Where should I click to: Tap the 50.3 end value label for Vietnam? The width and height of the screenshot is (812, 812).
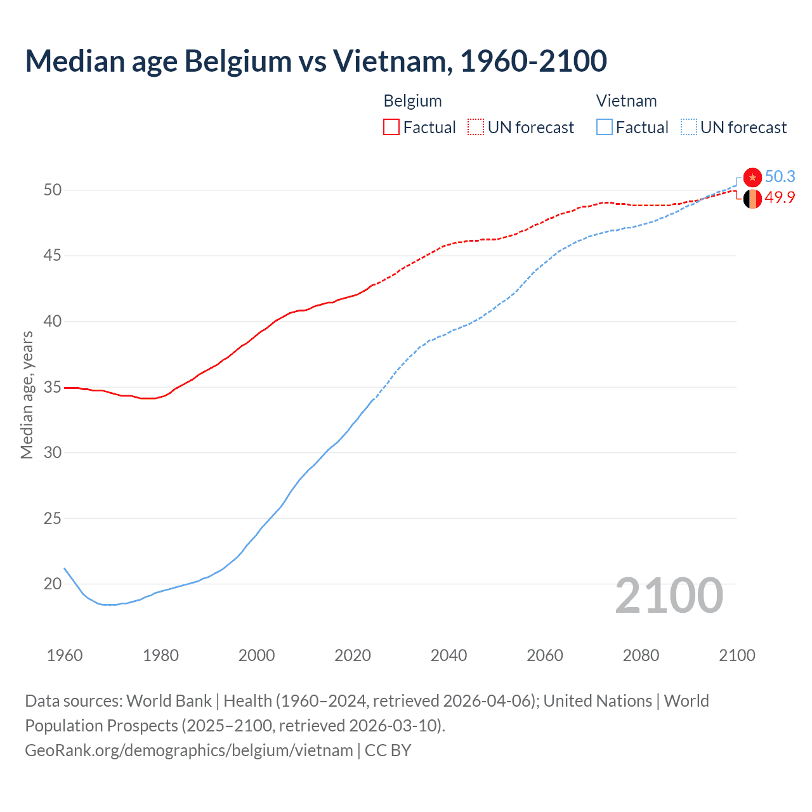click(780, 176)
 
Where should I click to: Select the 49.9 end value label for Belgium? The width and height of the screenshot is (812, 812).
click(780, 197)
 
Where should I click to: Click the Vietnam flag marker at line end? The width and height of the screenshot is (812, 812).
click(752, 177)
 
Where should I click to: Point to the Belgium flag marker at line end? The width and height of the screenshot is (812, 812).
click(752, 199)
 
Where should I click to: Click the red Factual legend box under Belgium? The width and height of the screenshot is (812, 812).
click(391, 127)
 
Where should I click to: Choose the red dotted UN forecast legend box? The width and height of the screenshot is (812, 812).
click(476, 127)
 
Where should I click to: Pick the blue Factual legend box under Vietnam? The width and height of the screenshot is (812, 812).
click(605, 127)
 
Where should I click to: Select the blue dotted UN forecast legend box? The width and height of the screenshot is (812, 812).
click(689, 127)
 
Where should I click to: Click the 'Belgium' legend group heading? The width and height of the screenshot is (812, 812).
click(412, 101)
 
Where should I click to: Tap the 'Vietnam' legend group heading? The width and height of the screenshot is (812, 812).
click(626, 101)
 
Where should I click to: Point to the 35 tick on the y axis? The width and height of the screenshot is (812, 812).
click(53, 387)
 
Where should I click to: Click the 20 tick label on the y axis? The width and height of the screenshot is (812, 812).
click(53, 584)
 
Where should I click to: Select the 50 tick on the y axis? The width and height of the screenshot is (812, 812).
click(53, 190)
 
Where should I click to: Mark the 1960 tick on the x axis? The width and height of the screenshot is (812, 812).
click(65, 655)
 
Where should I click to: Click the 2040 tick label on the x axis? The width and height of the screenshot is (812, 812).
click(449, 655)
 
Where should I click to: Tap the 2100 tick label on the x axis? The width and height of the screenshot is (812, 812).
click(737, 655)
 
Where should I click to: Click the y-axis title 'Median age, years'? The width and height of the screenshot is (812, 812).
click(27, 395)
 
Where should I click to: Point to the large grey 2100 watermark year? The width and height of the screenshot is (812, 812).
click(669, 596)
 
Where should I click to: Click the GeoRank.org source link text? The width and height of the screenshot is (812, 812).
click(189, 750)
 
